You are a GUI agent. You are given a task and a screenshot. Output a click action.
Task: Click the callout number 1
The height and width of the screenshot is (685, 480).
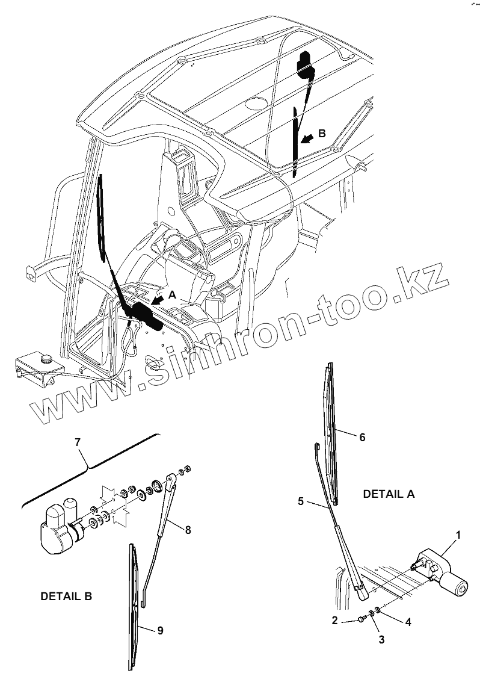[x=458, y=535]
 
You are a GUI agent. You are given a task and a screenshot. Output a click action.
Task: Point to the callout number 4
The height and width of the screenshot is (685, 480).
[x=408, y=622]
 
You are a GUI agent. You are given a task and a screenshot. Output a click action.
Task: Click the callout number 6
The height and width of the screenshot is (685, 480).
[x=362, y=438]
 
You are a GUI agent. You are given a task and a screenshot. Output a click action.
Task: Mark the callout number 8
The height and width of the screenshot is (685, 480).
[x=188, y=530]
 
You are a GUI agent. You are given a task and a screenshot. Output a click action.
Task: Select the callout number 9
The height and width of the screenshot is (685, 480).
[x=159, y=630]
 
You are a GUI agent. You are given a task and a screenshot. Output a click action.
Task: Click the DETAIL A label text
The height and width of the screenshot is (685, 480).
[x=389, y=494]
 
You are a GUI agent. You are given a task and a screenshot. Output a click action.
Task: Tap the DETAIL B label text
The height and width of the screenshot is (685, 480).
[x=66, y=597]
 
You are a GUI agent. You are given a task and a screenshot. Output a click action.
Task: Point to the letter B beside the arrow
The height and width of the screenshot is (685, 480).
[x=322, y=134]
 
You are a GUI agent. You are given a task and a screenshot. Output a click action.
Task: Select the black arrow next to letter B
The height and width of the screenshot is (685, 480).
[x=307, y=139]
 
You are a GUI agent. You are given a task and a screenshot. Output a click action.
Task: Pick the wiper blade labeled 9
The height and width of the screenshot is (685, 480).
[x=135, y=608]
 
